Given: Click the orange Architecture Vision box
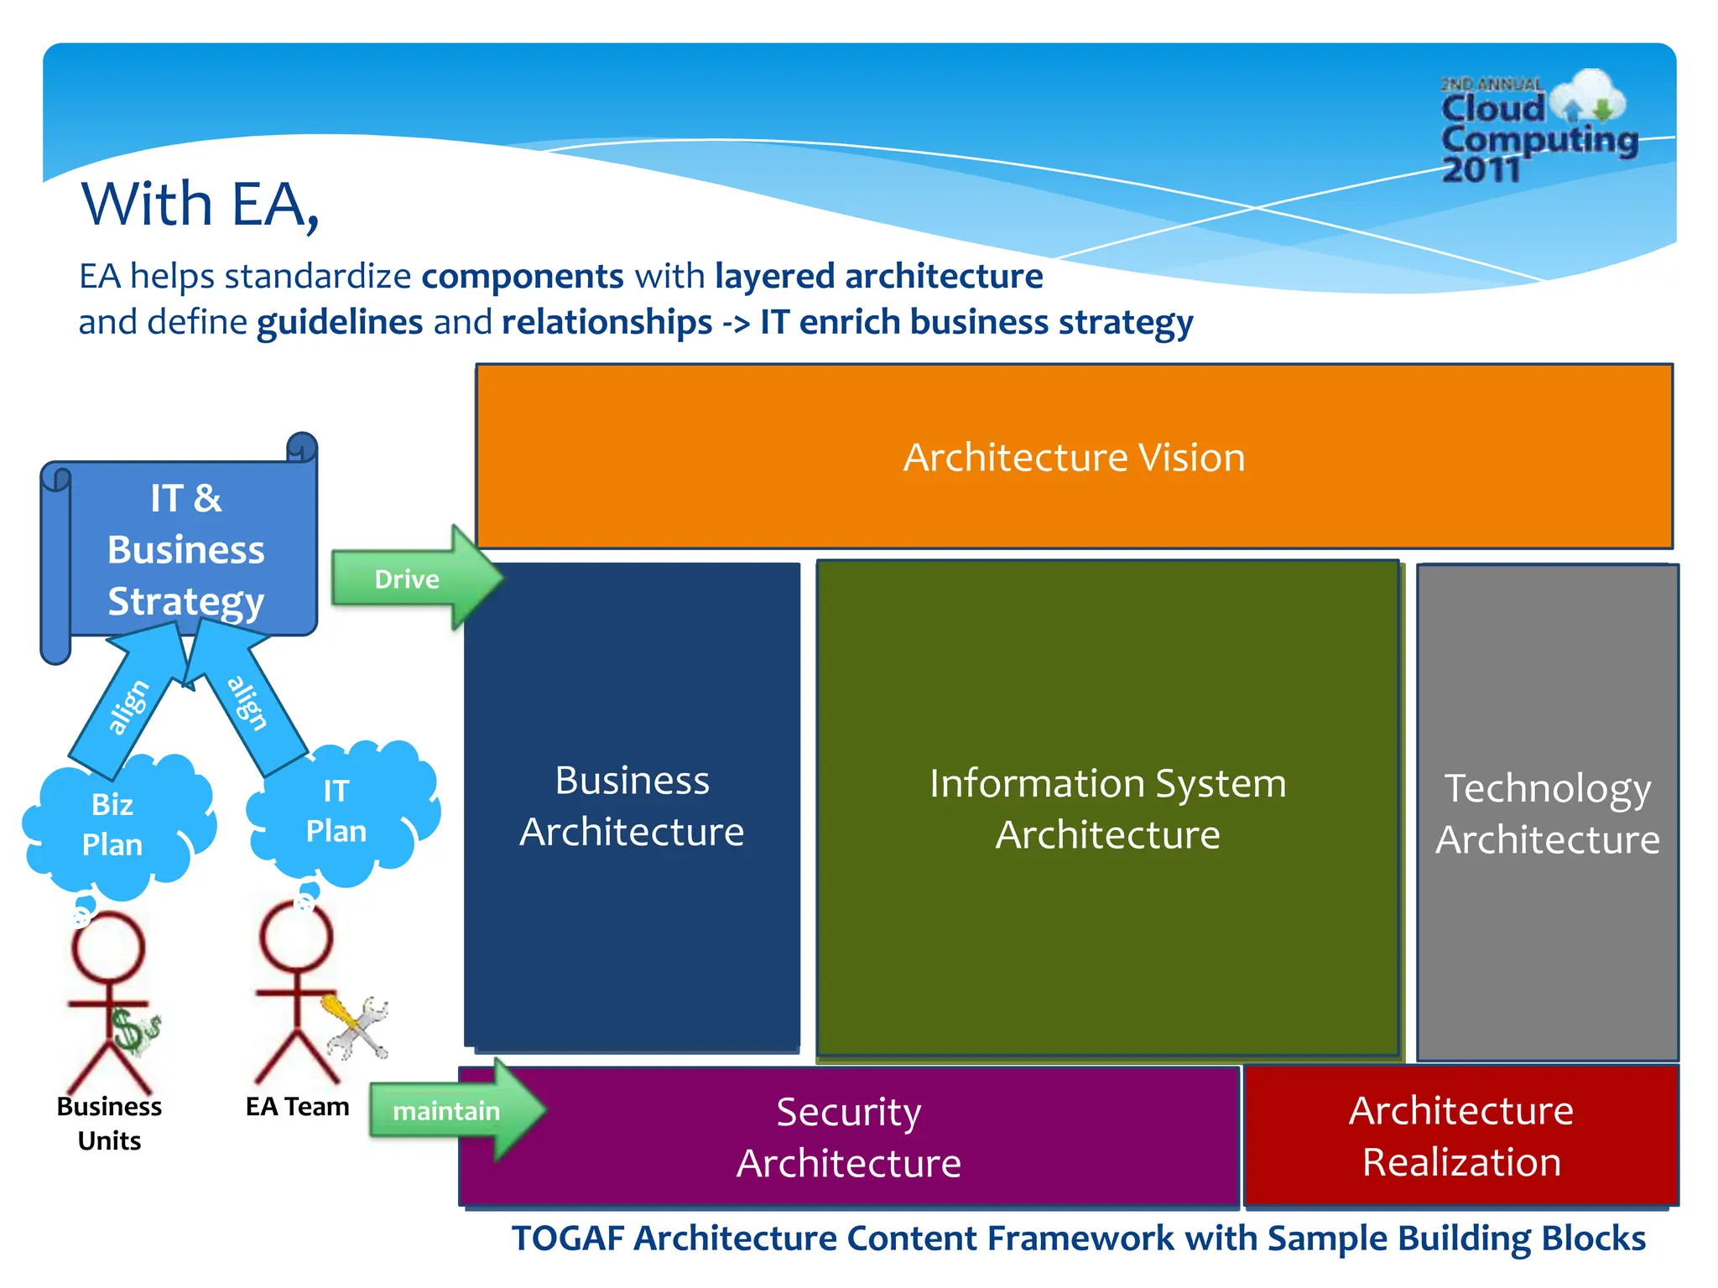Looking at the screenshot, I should coord(1074,457).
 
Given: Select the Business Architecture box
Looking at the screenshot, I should coord(632,805).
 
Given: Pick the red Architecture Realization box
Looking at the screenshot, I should coord(1460,1135).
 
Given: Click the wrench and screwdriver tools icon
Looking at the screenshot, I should coord(357,1026).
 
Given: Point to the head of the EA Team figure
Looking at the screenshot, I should coord(296,938).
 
